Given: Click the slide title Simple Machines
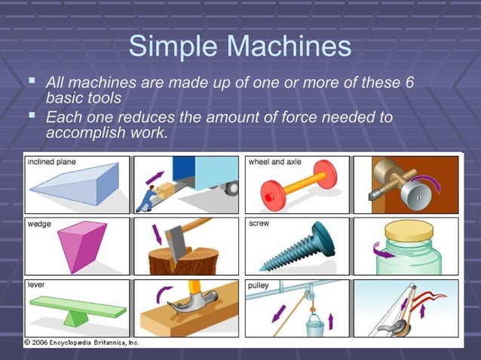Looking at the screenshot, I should click(x=240, y=47).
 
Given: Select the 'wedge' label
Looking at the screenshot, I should click(x=38, y=224).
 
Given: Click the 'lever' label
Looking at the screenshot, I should click(x=35, y=285).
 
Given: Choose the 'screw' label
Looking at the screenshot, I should click(x=260, y=224).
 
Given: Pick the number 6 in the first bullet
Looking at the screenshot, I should click(x=409, y=83).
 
